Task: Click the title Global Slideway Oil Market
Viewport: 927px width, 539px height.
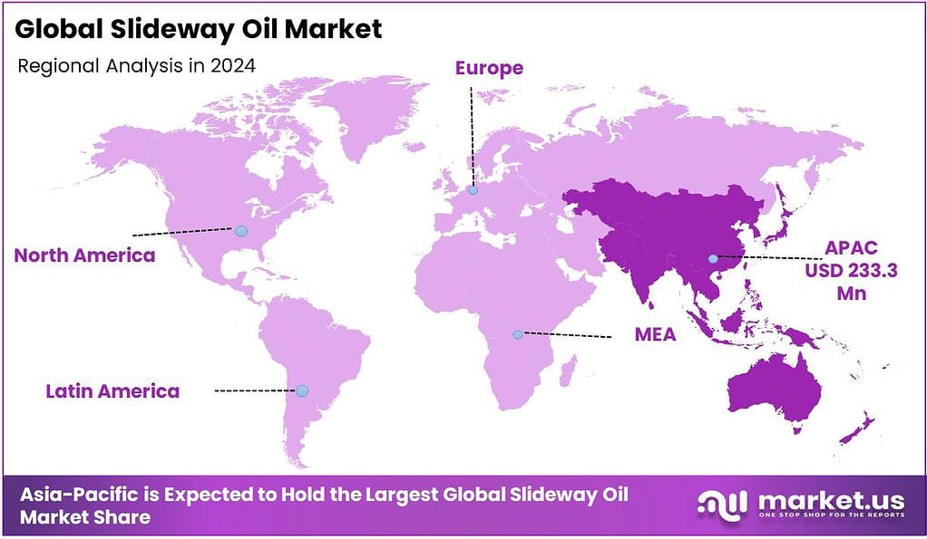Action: (x=199, y=29)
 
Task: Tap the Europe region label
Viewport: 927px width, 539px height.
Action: (x=489, y=68)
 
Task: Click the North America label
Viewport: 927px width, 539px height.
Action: (x=84, y=255)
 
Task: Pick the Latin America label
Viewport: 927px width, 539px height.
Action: (x=112, y=391)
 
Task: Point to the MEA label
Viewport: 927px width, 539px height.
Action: (x=655, y=335)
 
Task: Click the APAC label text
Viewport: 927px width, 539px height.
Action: (x=852, y=246)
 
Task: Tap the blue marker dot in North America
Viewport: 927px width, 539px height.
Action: (x=241, y=232)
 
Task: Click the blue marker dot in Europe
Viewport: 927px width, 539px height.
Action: (x=473, y=190)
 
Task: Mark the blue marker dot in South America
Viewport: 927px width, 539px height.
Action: (x=302, y=390)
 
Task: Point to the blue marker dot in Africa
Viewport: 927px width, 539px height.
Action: (x=517, y=334)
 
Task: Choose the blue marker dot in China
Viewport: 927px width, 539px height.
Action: (x=714, y=259)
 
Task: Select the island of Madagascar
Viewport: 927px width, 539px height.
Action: (x=570, y=371)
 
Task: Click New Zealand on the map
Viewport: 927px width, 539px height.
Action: (x=857, y=430)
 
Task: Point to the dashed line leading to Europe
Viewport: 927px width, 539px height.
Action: (x=472, y=136)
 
